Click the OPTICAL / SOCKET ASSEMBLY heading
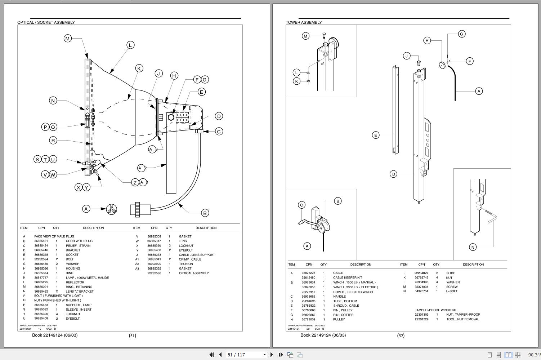[46, 22]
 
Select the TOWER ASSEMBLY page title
[304, 22]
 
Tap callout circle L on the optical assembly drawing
[130, 45]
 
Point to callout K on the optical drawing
[139, 68]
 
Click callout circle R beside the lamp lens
[53, 141]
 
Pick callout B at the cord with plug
[205, 213]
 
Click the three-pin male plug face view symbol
[111, 209]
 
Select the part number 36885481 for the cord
[41, 241]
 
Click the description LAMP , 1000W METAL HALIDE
[87, 278]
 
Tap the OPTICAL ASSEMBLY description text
[194, 273]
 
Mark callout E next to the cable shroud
[376, 135]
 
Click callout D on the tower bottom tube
[393, 174]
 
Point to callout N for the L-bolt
[473, 247]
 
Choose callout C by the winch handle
[302, 205]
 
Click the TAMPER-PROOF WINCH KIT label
[435, 310]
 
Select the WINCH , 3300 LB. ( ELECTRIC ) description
[356, 287]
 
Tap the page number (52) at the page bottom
[401, 335]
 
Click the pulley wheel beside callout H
[442, 65]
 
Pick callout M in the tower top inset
[306, 36]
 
